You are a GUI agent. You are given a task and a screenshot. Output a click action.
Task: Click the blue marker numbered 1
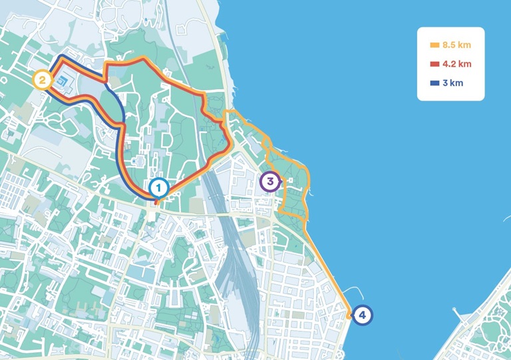pyautogui.click(x=158, y=188)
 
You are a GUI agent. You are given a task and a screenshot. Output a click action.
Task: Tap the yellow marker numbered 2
pyautogui.click(x=42, y=81)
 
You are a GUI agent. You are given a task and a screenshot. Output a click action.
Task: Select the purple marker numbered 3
pyautogui.click(x=269, y=182)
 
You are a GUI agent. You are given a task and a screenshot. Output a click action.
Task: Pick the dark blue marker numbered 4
pyautogui.click(x=361, y=315)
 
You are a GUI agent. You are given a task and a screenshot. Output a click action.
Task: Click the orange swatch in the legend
pyautogui.click(x=434, y=45)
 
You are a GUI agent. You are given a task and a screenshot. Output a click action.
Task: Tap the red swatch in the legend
pyautogui.click(x=434, y=64)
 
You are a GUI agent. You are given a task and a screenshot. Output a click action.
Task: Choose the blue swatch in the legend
pyautogui.click(x=434, y=83)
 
